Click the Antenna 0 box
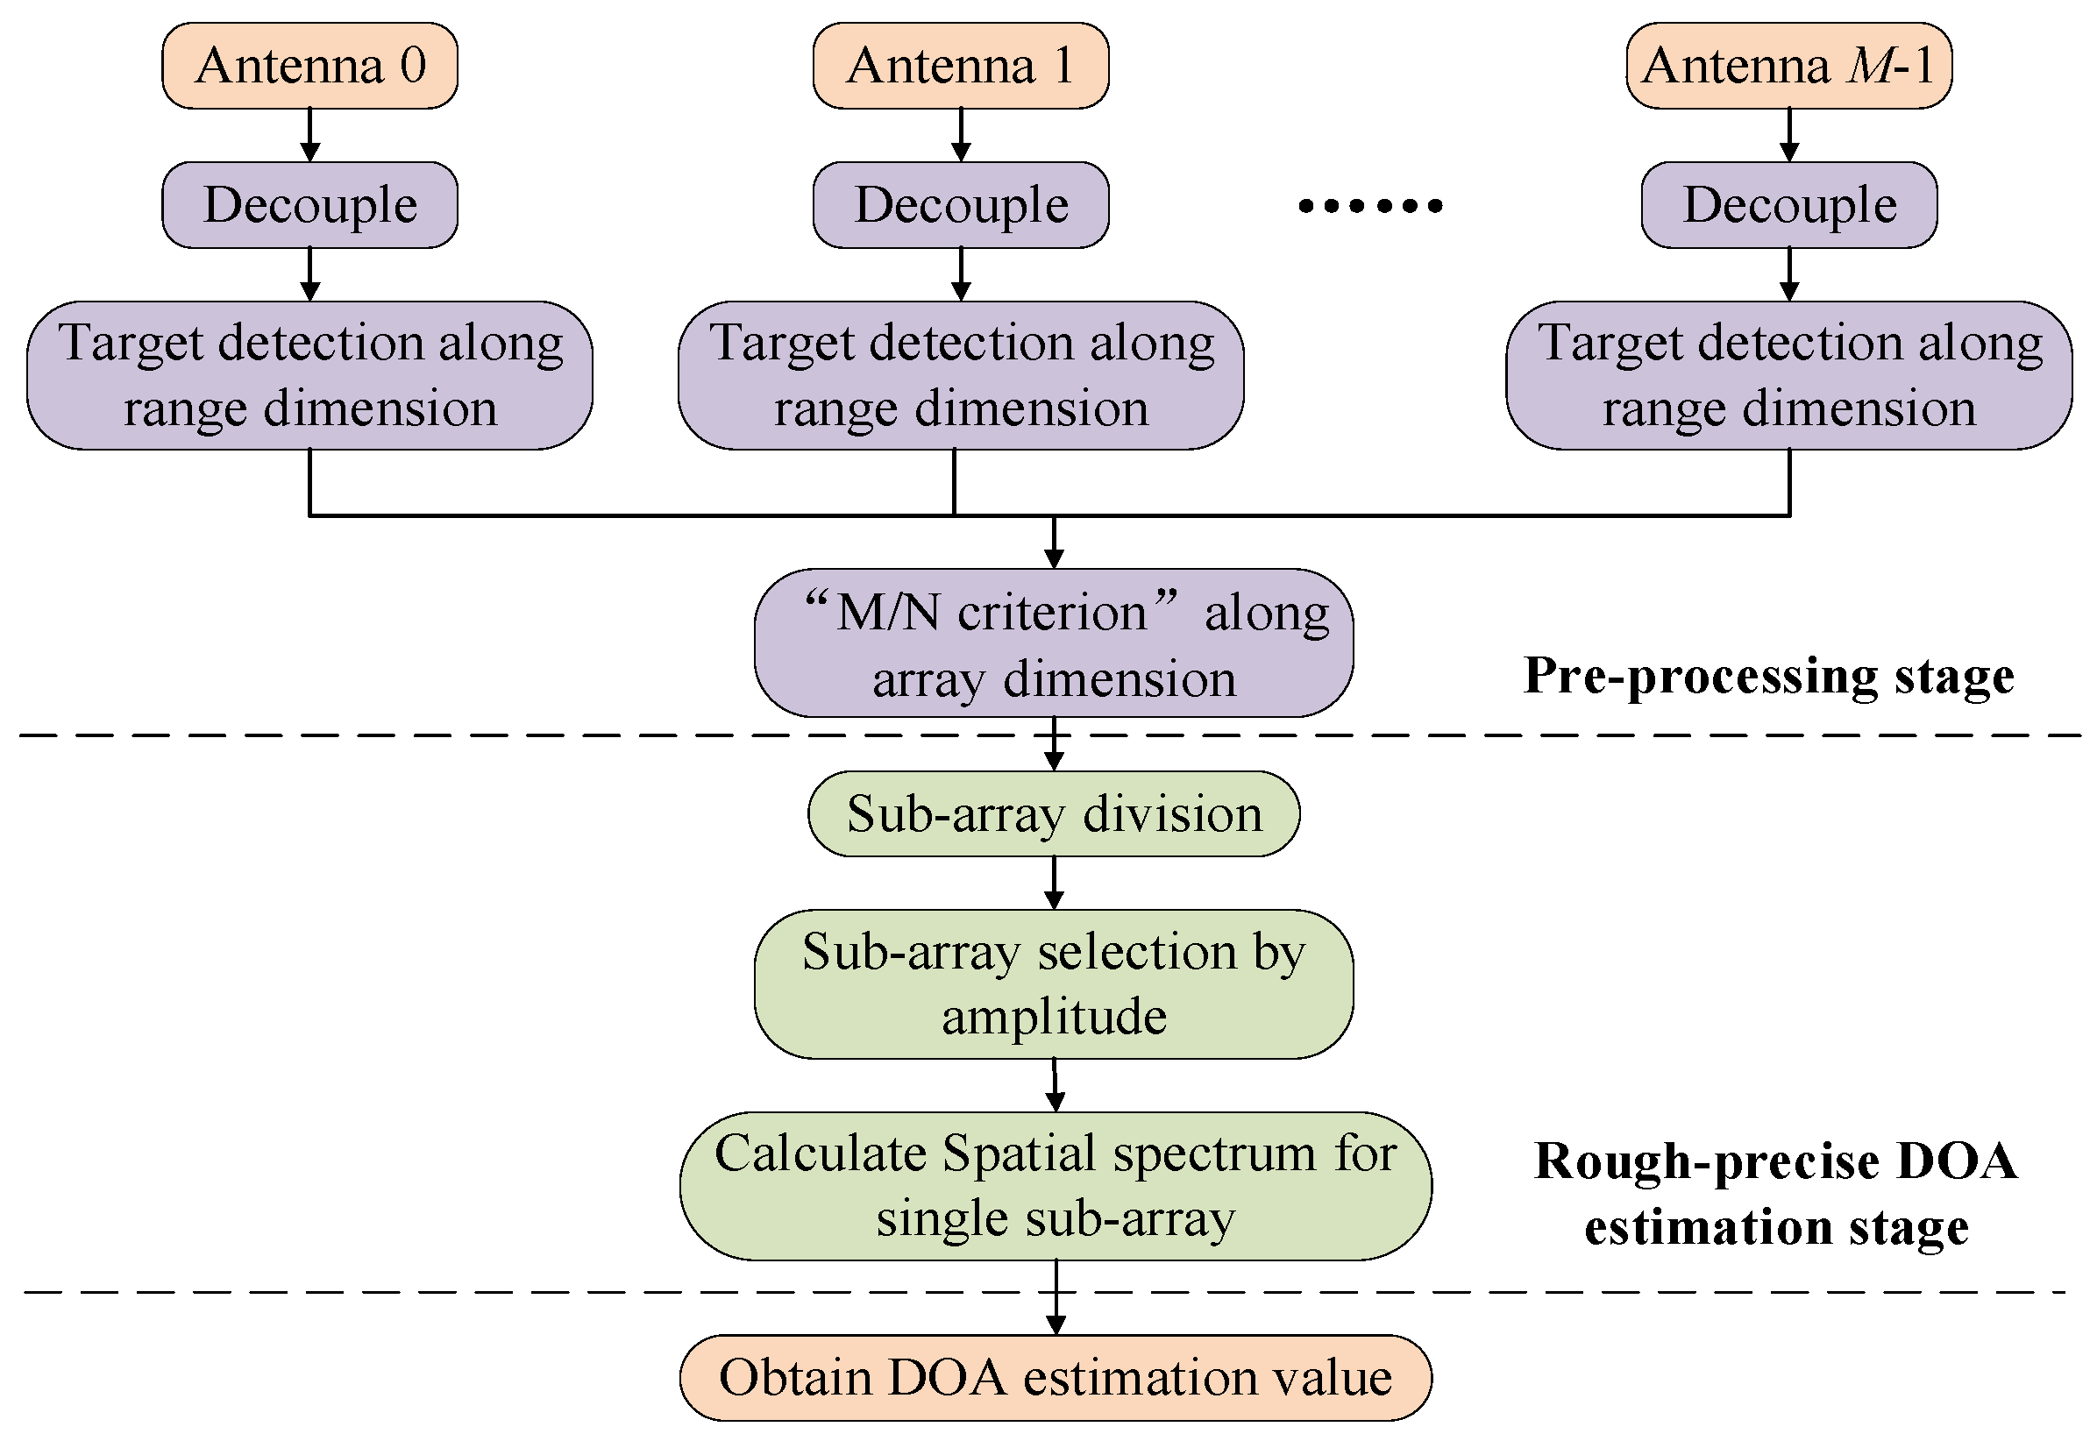[309, 66]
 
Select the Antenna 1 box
[960, 66]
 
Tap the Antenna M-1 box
[1788, 66]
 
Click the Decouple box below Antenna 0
[309, 205]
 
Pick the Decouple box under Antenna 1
[960, 205]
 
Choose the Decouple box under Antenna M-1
[1788, 205]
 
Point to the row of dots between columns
[1370, 206]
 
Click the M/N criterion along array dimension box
[1053, 642]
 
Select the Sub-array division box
[1053, 813]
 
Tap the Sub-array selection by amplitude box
[1053, 983]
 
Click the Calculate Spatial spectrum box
[1055, 1185]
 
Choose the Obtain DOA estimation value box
[1055, 1378]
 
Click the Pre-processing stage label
[1768, 675]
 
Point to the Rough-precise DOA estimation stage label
[1775, 1193]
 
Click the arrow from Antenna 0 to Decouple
[309, 136]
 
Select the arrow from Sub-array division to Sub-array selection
[1053, 883]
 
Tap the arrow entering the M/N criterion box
[1053, 543]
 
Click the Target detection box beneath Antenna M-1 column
[1788, 376]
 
